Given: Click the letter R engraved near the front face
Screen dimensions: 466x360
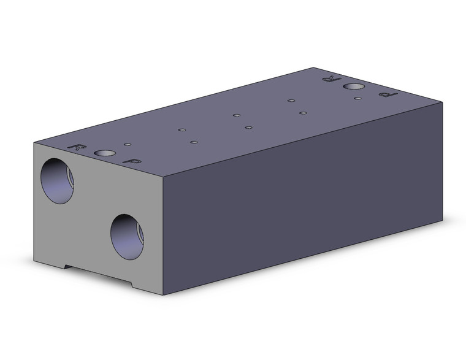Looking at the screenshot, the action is pos(77,147).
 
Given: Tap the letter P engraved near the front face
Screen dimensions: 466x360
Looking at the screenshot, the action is pos(132,161).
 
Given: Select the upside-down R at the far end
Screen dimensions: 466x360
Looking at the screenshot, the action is pos(332,79).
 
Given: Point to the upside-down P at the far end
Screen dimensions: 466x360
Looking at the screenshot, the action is pos(388,95).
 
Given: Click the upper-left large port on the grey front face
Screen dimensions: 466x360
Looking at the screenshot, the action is pos(57,181).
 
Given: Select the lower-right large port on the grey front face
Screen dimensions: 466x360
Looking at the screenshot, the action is pos(127,237).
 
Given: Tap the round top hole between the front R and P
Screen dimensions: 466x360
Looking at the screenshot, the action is pos(105,153).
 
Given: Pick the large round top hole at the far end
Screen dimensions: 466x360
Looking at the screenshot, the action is pos(354,86).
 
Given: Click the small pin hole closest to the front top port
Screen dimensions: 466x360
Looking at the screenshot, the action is pos(128,145).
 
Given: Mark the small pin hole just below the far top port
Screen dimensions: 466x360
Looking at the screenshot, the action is pos(358,98).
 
